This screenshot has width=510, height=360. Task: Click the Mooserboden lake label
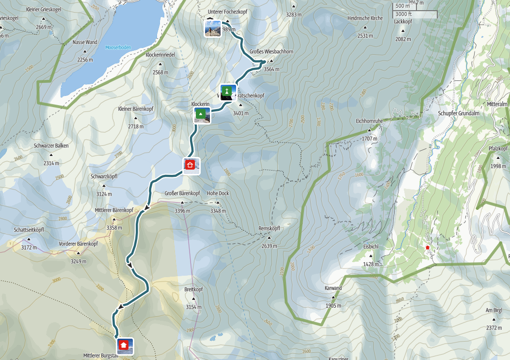click(x=118, y=47)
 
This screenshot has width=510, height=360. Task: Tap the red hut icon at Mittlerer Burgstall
click(x=124, y=345)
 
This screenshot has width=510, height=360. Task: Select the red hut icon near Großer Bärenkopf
click(x=191, y=165)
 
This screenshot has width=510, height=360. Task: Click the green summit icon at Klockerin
click(x=201, y=115)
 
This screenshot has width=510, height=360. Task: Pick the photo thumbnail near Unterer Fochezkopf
click(x=212, y=29)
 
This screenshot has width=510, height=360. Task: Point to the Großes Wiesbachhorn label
click(x=271, y=51)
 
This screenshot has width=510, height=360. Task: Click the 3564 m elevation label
click(x=271, y=69)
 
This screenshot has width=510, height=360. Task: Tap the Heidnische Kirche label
click(x=365, y=18)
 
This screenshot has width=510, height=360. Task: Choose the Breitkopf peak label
click(x=193, y=289)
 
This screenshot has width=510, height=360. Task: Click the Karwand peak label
click(x=333, y=288)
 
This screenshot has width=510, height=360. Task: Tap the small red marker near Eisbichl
click(x=428, y=248)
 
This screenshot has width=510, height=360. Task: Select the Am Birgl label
click(x=494, y=310)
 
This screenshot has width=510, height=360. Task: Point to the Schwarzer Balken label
click(x=51, y=145)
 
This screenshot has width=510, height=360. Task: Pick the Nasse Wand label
click(x=85, y=42)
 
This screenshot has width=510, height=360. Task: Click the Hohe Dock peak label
click(x=218, y=193)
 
